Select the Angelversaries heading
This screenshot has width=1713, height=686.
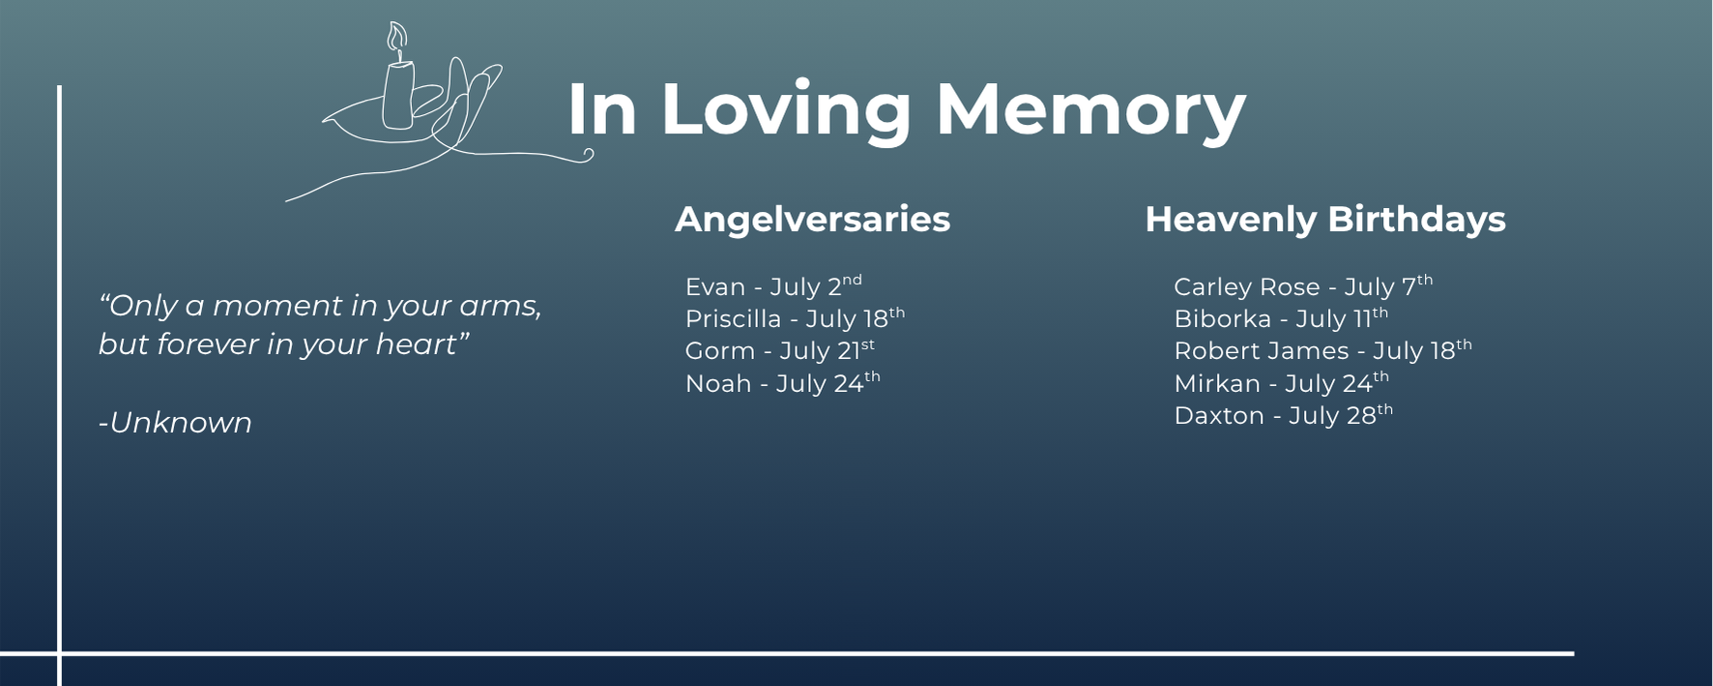(x=812, y=220)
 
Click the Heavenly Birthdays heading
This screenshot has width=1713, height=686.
(x=1325, y=220)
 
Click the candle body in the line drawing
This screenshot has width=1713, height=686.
(x=398, y=95)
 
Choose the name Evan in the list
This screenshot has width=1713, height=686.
(x=715, y=287)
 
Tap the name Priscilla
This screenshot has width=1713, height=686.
(x=733, y=319)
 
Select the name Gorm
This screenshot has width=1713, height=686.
(x=720, y=351)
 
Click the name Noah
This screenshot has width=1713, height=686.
(x=718, y=384)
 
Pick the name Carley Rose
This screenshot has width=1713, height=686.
(x=1247, y=287)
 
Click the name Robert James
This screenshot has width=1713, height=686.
(x=1262, y=351)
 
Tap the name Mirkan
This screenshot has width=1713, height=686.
(x=1217, y=384)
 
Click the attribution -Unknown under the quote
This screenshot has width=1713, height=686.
(x=175, y=423)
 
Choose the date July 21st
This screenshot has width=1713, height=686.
(x=827, y=350)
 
